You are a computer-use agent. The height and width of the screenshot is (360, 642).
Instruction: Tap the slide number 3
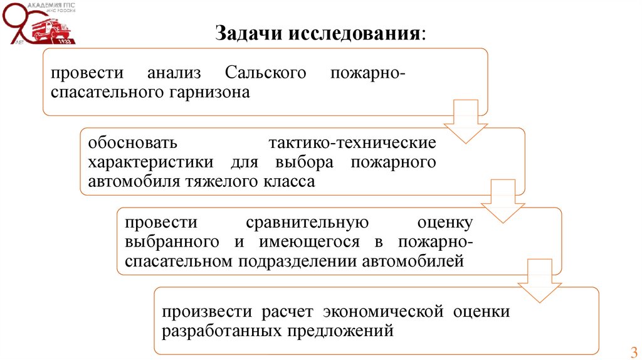(x=633, y=351)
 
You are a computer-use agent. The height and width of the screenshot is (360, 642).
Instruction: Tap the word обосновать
(x=132, y=142)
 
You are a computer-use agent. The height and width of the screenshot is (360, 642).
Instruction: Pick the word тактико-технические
(x=352, y=142)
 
